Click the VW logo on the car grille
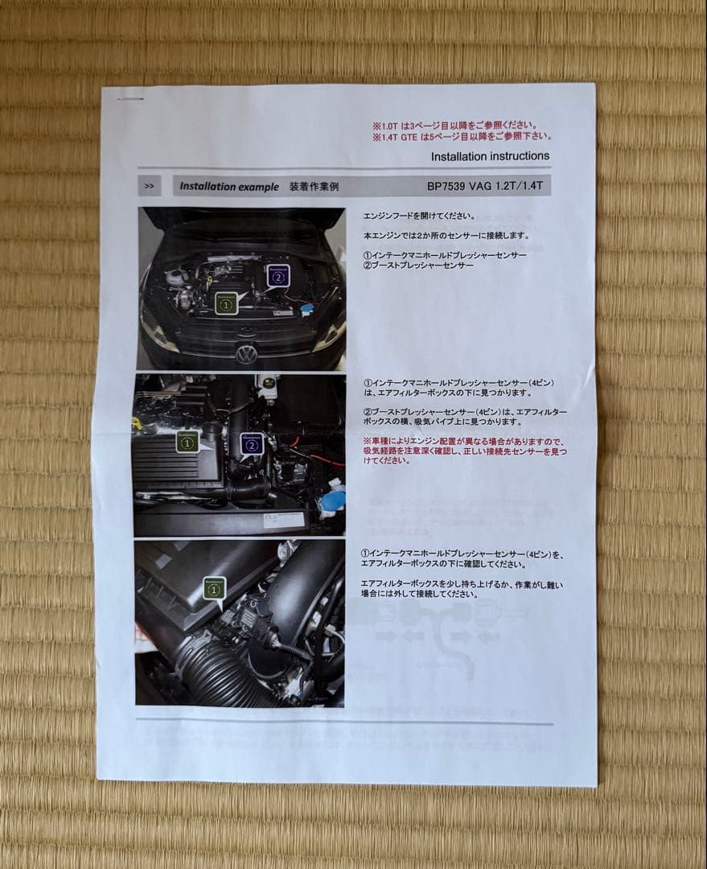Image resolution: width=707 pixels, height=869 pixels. (247, 353)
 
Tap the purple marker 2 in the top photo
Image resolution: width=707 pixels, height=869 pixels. (277, 277)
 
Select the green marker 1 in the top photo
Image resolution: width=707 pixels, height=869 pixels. (227, 303)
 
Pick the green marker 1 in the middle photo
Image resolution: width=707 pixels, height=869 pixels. (187, 442)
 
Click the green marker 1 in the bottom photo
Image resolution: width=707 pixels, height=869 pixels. (214, 589)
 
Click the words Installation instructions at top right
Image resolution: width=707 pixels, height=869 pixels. (490, 156)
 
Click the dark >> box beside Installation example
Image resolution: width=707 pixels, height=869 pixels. (149, 186)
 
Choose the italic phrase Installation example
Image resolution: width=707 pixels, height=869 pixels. (229, 186)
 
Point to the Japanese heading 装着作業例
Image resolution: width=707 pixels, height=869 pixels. (314, 186)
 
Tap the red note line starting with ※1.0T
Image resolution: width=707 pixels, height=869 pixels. (453, 126)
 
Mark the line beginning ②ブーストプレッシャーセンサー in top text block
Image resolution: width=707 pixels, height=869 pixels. (417, 266)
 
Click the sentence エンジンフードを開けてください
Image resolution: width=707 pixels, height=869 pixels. (418, 216)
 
